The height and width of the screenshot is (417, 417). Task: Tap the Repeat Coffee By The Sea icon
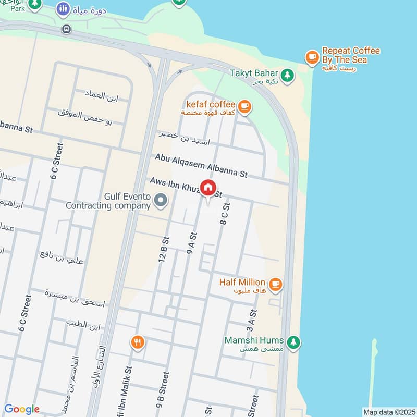click(x=312, y=56)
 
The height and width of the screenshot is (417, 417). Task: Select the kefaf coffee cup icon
click(x=244, y=107)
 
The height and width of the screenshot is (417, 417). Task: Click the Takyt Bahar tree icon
click(x=287, y=76)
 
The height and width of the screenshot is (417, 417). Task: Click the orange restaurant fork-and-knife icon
click(x=138, y=342)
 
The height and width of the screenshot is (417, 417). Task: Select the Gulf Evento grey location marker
click(x=161, y=200)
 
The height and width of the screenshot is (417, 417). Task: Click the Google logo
click(x=22, y=409)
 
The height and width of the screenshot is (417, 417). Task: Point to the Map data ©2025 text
click(x=388, y=412)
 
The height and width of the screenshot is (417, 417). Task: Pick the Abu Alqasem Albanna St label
click(x=201, y=165)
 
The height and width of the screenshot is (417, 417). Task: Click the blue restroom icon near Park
click(x=64, y=8)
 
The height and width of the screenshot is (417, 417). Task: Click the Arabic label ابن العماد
click(x=103, y=95)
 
